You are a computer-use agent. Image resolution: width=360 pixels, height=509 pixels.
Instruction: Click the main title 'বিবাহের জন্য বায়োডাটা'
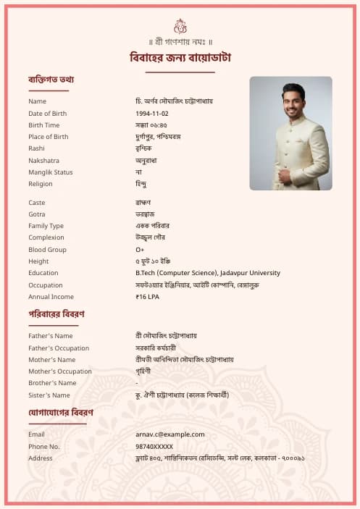point(180,58)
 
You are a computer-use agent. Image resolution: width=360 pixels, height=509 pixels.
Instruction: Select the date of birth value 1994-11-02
point(152,114)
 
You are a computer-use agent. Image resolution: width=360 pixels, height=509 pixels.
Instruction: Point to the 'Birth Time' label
point(45,125)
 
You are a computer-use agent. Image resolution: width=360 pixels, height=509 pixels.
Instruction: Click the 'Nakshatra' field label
point(44,161)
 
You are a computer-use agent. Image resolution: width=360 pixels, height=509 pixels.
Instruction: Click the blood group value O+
point(140,250)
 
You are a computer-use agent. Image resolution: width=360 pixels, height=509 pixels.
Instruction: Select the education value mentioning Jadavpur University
point(207,273)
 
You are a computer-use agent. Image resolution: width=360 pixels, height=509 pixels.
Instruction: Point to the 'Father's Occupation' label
point(59,348)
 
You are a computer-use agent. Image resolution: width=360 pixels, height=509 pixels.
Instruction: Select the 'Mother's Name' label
point(52,360)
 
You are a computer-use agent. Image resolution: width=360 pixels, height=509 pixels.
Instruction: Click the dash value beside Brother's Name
point(137,383)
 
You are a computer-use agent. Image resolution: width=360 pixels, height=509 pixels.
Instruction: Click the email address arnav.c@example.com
point(170,434)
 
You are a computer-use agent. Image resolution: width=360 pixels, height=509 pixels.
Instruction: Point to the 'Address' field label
point(41,458)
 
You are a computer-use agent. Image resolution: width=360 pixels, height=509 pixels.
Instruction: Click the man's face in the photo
point(293,101)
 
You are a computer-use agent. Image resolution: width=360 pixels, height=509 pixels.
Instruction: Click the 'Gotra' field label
point(38,214)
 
